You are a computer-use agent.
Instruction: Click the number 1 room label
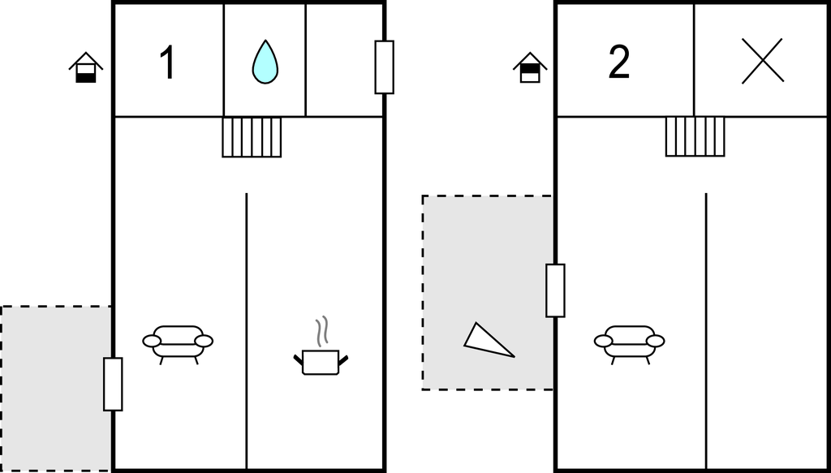(167, 63)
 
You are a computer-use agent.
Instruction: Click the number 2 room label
(618, 63)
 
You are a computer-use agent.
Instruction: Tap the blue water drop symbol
(265, 62)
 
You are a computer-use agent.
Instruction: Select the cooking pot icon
(321, 360)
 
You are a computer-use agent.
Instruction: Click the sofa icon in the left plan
(178, 343)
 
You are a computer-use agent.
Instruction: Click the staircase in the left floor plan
(252, 137)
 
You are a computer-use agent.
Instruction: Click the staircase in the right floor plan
(695, 136)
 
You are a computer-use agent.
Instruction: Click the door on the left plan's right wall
(384, 67)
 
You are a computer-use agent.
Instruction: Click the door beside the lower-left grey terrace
(113, 384)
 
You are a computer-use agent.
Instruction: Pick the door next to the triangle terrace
(555, 290)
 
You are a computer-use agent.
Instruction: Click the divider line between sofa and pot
(247, 325)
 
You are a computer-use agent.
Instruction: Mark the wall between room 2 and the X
(694, 58)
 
